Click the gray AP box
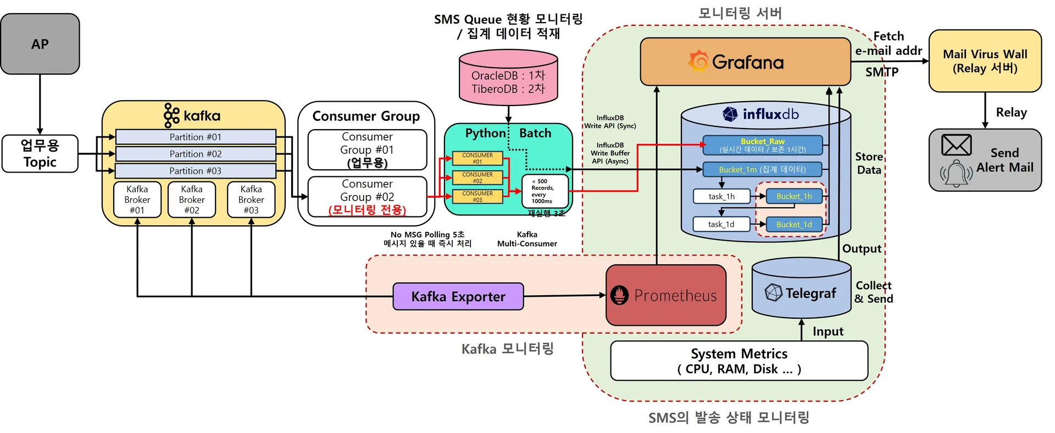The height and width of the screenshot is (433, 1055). coord(40,44)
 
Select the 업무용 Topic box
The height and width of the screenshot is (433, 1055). coord(40,154)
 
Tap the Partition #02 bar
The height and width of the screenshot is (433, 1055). coord(195,154)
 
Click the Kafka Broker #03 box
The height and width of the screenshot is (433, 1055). coord(251,199)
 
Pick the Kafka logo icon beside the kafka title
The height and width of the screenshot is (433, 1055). coord(171,115)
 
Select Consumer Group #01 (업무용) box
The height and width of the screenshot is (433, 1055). coord(367,149)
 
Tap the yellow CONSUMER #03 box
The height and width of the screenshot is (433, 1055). coord(477,197)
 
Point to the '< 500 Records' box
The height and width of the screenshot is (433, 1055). coord(544,191)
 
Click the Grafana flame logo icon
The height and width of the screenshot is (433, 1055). coord(698,61)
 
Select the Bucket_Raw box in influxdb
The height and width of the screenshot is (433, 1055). coord(763,146)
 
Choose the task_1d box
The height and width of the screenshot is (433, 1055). coord(721,224)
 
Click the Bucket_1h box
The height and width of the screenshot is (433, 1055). coord(794,196)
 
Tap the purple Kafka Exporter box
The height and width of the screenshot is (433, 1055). coord(458,297)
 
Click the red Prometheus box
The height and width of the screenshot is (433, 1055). coord(666,295)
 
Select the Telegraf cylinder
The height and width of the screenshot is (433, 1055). coord(801,292)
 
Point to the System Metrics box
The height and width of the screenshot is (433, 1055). coord(738,361)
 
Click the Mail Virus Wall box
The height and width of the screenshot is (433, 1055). coord(985,61)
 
